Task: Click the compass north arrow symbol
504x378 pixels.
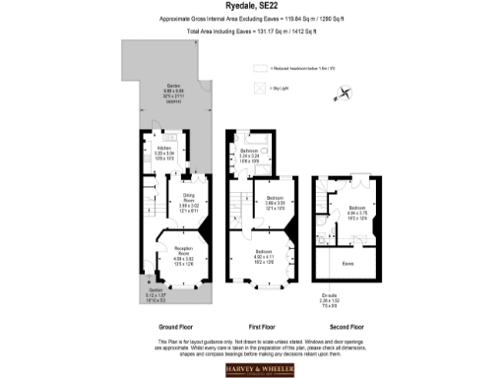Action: [342, 94]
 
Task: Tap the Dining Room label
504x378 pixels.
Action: [188, 202]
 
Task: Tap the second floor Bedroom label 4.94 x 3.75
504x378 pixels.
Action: [356, 212]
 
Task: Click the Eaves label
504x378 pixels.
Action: [347, 263]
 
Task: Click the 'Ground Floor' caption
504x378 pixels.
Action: [176, 326]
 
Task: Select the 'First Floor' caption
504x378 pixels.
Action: [261, 326]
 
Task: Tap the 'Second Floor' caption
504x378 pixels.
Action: [347, 326]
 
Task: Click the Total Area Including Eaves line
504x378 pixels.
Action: [251, 32]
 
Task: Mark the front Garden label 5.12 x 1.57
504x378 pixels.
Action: [157, 294]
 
